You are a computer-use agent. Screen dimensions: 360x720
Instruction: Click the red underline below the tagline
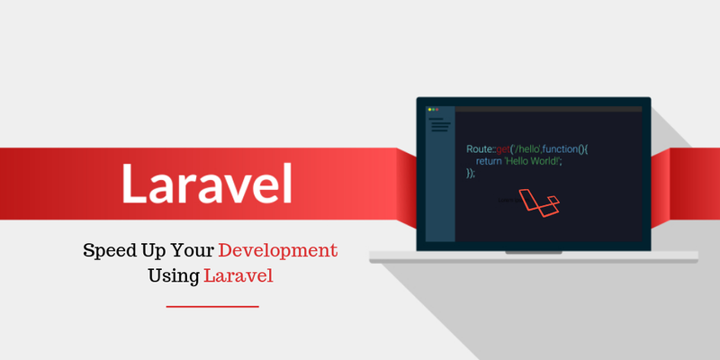(212, 307)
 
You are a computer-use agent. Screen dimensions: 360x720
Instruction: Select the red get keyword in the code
(501, 148)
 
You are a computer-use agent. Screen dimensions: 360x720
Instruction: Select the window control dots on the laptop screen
(432, 109)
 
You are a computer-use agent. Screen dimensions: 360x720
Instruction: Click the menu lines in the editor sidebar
(438, 124)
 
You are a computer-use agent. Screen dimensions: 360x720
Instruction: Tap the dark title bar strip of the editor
(549, 109)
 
